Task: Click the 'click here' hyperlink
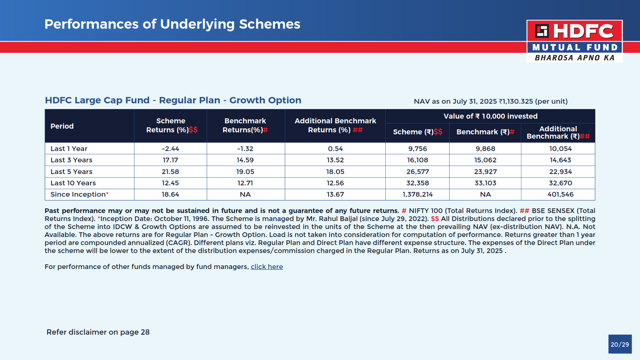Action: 267,267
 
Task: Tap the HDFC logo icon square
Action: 542,31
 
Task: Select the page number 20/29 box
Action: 620,344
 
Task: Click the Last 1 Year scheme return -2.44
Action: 170,149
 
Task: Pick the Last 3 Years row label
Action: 71,160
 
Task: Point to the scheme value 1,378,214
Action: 417,194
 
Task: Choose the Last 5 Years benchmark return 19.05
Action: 245,172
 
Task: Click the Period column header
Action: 62,126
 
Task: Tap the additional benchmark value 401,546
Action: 560,194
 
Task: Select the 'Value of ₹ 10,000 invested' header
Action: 490,116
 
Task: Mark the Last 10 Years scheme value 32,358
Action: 417,183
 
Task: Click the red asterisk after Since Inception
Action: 107,194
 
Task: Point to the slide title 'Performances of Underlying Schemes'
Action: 172,24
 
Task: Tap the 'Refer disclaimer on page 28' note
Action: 98,332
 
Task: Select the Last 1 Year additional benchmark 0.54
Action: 335,149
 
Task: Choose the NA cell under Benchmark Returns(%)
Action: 245,194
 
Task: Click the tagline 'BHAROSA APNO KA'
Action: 574,58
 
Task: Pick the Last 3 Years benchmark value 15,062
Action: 485,160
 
